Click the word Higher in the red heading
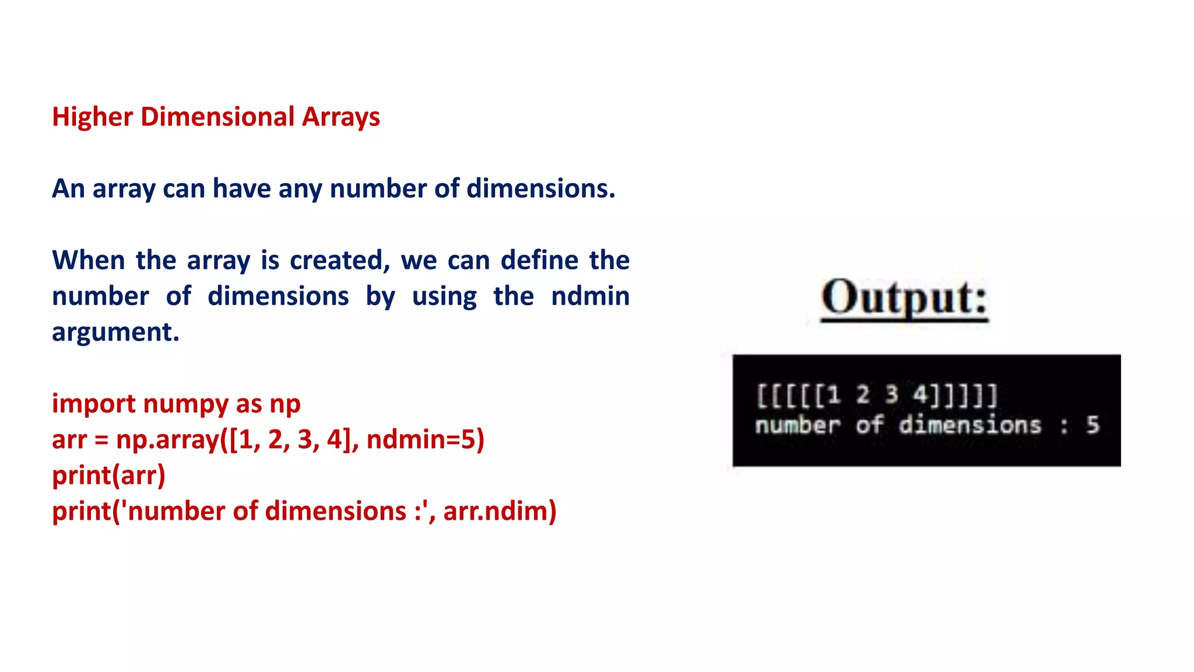[x=92, y=117]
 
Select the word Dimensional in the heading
[x=217, y=117]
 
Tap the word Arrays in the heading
[x=340, y=117]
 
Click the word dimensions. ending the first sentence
[x=540, y=188]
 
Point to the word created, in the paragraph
[x=339, y=260]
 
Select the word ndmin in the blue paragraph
[x=590, y=296]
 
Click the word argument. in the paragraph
[x=115, y=332]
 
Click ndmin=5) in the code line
[x=426, y=439]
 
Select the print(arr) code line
[x=108, y=475]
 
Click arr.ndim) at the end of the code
[x=500, y=511]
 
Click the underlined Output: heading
[x=904, y=299]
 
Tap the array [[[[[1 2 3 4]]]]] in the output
[x=877, y=395]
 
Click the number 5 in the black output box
[x=1093, y=425]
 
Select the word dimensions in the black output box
[x=970, y=425]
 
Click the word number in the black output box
[x=797, y=425]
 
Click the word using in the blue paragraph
[x=444, y=296]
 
